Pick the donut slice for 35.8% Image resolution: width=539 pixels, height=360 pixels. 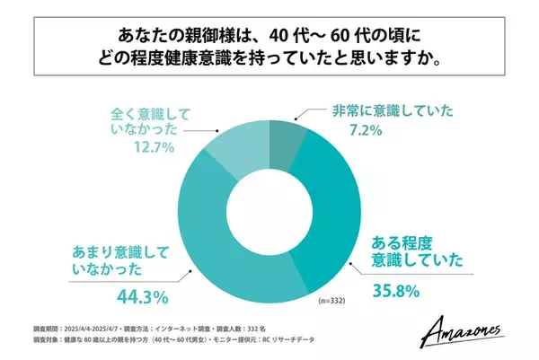tap(336, 224)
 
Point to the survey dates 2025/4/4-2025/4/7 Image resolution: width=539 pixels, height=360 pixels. tap(91, 329)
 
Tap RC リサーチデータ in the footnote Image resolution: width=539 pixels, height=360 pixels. tap(315, 342)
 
